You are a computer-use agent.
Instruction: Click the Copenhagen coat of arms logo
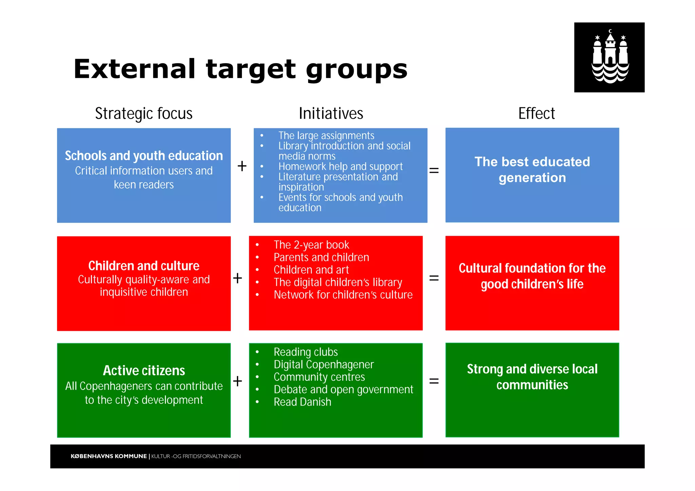click(x=609, y=57)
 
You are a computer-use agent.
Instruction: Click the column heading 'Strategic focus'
click(x=144, y=113)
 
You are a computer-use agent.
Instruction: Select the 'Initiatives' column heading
click(x=331, y=113)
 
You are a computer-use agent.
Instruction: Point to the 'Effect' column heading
click(x=537, y=113)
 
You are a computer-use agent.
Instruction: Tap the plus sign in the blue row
click(x=242, y=166)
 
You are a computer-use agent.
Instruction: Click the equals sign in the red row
click(x=434, y=278)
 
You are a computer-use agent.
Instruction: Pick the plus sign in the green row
click(x=238, y=381)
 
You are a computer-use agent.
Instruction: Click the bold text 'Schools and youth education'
click(x=144, y=156)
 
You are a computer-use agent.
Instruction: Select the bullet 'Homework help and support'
click(x=340, y=167)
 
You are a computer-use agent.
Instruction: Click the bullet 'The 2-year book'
click(x=311, y=245)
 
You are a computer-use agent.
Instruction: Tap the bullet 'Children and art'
click(x=311, y=270)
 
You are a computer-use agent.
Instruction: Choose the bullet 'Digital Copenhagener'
click(x=323, y=364)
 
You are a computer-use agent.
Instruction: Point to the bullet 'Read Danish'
click(x=302, y=402)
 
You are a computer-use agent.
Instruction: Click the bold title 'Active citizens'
click(x=144, y=371)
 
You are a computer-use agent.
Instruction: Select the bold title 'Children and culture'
click(x=144, y=266)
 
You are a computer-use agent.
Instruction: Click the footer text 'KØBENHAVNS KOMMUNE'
click(x=109, y=456)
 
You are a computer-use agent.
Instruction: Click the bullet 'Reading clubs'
click(x=306, y=352)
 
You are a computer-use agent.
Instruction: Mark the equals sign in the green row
click(x=434, y=381)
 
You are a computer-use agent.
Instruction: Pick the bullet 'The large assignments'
click(x=326, y=135)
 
